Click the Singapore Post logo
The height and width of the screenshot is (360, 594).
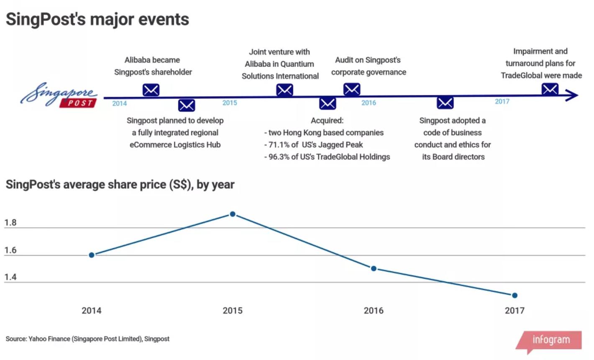[x=59, y=95]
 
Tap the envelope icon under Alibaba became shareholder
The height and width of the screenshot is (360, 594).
[x=151, y=90]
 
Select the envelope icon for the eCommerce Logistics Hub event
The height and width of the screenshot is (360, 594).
[x=187, y=105]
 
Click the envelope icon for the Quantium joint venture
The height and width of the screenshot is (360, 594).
[x=284, y=90]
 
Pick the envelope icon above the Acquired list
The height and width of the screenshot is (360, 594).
[x=328, y=103]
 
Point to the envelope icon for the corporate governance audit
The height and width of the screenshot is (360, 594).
[x=352, y=90]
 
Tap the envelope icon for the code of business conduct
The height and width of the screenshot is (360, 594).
[x=445, y=103]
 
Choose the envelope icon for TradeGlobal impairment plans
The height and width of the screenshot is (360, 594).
[x=550, y=89]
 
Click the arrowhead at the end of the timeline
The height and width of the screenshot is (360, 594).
[x=572, y=95]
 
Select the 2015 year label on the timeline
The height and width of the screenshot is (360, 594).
[x=230, y=103]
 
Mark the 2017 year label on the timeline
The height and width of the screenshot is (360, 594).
[x=502, y=102]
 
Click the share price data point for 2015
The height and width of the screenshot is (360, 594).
[x=233, y=214]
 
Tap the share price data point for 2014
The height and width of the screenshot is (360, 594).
[x=92, y=255]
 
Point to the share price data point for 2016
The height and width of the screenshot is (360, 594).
[x=374, y=268]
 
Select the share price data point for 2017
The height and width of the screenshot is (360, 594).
[x=515, y=296]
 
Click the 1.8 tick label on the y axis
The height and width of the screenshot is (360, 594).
[x=10, y=223]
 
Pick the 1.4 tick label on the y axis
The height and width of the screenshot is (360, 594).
[x=10, y=277]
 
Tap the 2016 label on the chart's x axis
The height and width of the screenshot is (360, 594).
[x=374, y=311]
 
